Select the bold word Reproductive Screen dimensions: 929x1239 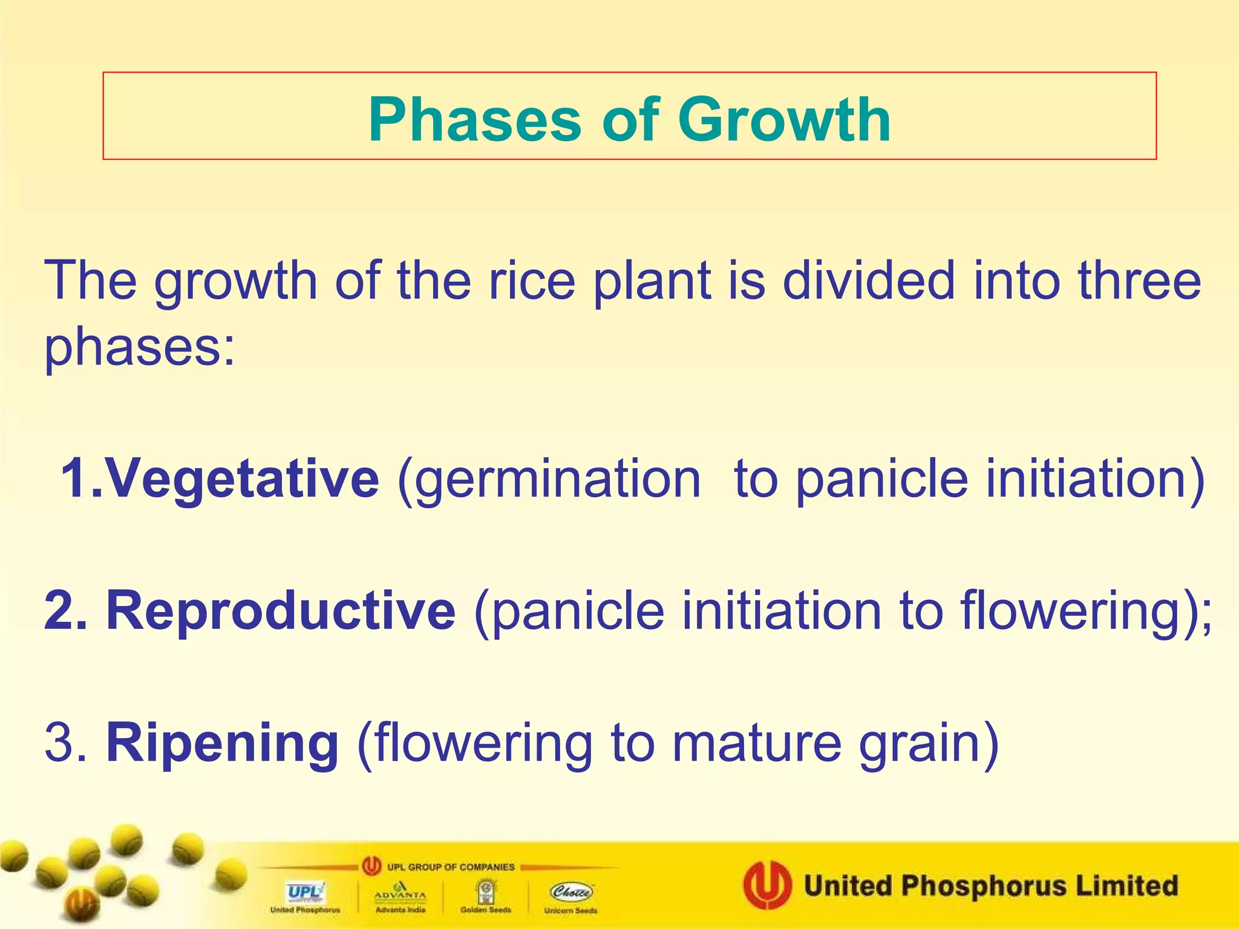coord(281,611)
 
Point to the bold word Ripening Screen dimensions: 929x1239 coord(222,743)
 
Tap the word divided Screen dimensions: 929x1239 coord(868,281)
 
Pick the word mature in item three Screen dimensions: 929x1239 coord(756,743)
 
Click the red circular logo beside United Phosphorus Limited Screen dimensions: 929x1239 coord(767,885)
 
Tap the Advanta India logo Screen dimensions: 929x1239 coord(400,895)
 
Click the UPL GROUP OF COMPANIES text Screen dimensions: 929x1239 coord(451,867)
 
